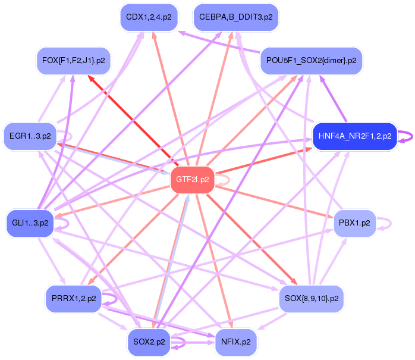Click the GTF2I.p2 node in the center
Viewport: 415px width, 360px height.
tap(193, 180)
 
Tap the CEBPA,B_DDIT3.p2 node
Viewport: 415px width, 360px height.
tap(235, 17)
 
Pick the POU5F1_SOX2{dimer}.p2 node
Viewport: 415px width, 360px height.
tap(311, 61)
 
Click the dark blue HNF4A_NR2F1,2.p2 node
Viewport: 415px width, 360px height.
tap(354, 136)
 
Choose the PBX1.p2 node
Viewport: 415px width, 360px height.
tap(354, 223)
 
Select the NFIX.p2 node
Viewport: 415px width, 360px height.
tap(235, 342)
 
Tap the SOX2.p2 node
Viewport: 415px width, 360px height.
tap(149, 342)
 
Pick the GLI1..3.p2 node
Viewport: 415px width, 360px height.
tap(30, 223)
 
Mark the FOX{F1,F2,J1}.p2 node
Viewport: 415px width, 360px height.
tap(73, 61)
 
